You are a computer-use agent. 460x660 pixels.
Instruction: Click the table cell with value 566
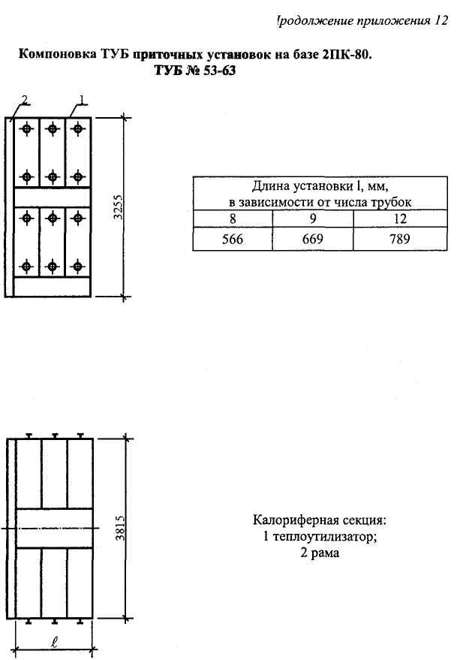232,240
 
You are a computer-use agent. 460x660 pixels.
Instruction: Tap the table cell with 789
391,240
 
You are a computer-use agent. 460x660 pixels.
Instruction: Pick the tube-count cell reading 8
232,219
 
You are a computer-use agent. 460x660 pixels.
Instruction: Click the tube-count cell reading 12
391,219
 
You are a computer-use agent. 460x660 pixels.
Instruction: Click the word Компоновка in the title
55,55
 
